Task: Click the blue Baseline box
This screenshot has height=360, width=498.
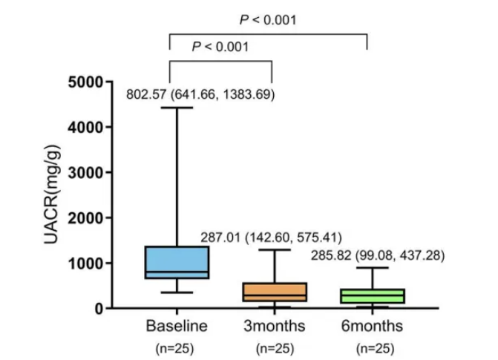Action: click(177, 262)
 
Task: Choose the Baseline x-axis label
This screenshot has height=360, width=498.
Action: click(177, 326)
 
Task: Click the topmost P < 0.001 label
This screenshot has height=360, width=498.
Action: click(268, 20)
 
